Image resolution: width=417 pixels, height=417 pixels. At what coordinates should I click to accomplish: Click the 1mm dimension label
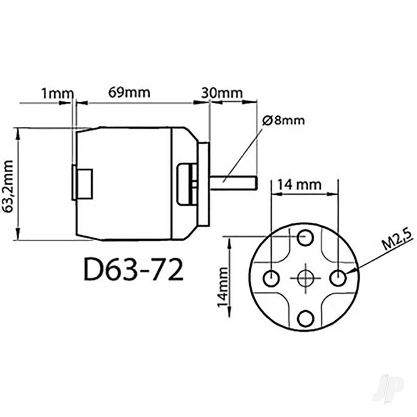tap(57, 93)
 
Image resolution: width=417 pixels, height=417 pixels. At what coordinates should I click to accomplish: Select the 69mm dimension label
tap(129, 92)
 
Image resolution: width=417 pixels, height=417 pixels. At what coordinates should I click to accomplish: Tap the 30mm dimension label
tap(222, 92)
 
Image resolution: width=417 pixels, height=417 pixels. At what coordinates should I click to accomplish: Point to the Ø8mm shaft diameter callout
tap(284, 121)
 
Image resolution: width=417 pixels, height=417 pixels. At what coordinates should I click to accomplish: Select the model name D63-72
tap(133, 271)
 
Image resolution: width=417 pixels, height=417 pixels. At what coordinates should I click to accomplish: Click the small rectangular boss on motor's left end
tap(83, 182)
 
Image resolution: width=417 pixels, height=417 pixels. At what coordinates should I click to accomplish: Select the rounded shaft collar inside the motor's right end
tap(186, 183)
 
